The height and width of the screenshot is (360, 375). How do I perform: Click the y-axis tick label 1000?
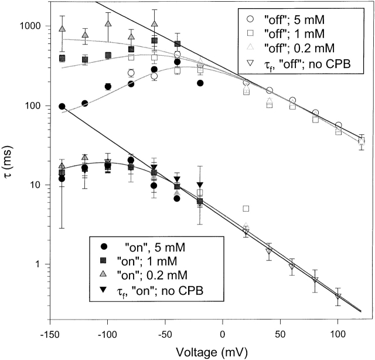(29, 26)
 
